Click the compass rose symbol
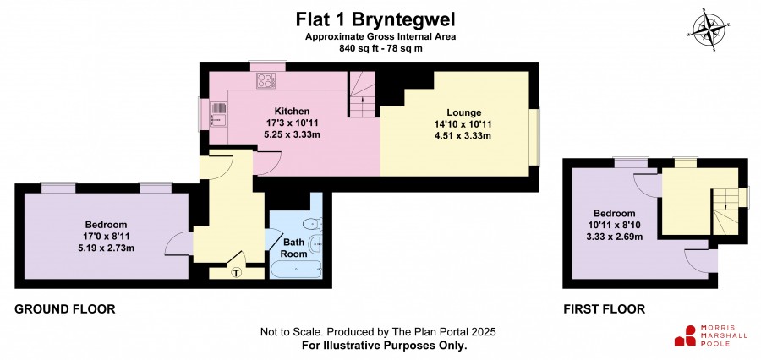click(x=709, y=30)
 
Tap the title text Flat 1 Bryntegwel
click(x=375, y=20)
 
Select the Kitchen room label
click(x=292, y=111)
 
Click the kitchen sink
click(x=219, y=114)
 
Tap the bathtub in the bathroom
click(x=296, y=269)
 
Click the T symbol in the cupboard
click(x=237, y=273)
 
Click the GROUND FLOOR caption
click(x=65, y=308)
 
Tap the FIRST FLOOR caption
click(x=605, y=308)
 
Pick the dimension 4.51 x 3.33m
click(x=463, y=135)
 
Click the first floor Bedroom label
click(x=615, y=214)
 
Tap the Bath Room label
click(x=295, y=248)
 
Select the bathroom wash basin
click(x=316, y=242)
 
